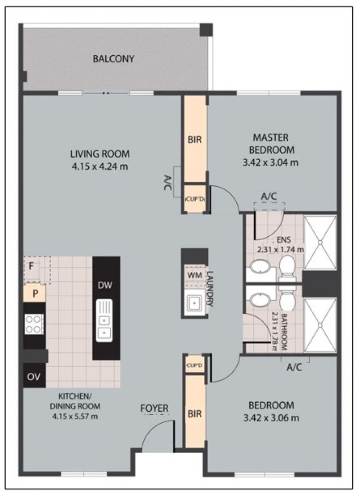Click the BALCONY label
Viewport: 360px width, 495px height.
pyautogui.click(x=113, y=58)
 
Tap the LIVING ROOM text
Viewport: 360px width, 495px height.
pyautogui.click(x=100, y=154)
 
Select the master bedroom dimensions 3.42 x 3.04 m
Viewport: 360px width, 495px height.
pyautogui.click(x=270, y=162)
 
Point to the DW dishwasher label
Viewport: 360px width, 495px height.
pyautogui.click(x=105, y=285)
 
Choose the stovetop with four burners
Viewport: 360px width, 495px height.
pyautogui.click(x=34, y=324)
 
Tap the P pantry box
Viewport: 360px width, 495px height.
pyautogui.click(x=35, y=293)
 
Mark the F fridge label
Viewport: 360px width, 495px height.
pyautogui.click(x=31, y=266)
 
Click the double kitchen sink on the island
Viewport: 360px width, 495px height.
pyautogui.click(x=104, y=320)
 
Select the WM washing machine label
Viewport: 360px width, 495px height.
pyautogui.click(x=194, y=275)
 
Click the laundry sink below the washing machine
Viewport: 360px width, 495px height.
pyautogui.click(x=194, y=304)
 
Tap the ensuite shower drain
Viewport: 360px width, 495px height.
pyautogui.click(x=320, y=243)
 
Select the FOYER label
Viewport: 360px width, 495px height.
pyautogui.click(x=154, y=408)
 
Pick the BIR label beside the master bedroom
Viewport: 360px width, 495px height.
pyautogui.click(x=194, y=139)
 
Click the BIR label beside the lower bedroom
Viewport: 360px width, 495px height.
pyautogui.click(x=194, y=414)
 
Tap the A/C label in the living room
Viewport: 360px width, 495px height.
pyautogui.click(x=168, y=182)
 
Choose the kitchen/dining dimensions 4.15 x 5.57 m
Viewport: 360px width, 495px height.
pyautogui.click(x=75, y=416)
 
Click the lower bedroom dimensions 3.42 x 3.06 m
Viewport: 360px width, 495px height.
pyautogui.click(x=271, y=418)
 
